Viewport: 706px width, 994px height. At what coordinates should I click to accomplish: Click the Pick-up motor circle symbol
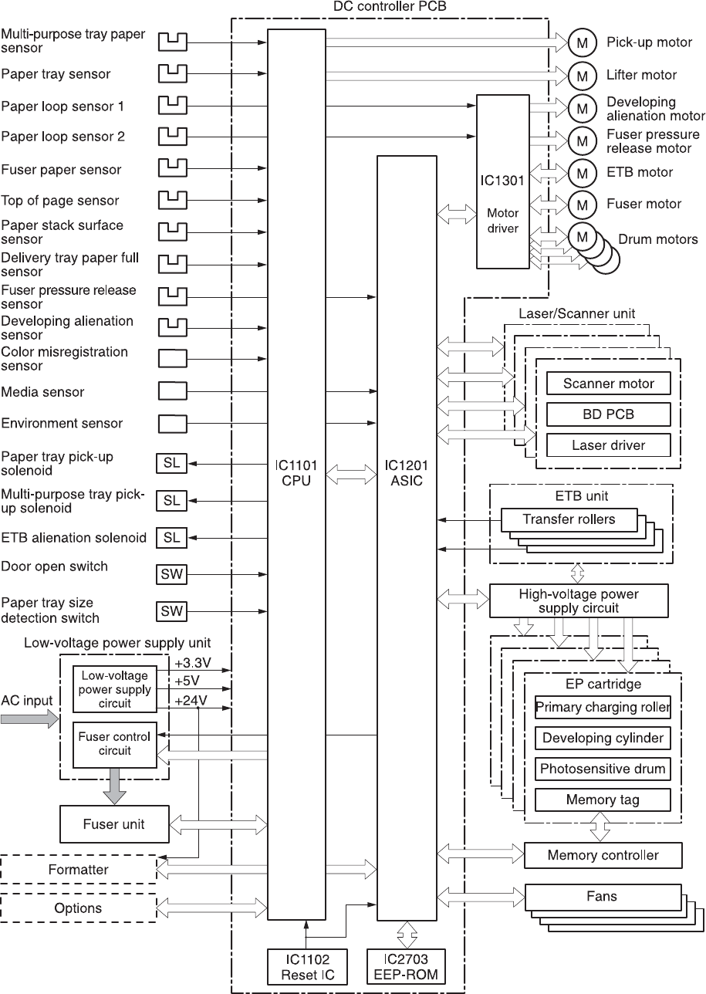(x=582, y=42)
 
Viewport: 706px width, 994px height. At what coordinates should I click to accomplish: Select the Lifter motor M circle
(x=582, y=75)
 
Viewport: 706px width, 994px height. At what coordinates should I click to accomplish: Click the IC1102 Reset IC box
(x=306, y=966)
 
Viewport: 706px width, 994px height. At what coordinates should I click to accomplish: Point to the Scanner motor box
(x=608, y=384)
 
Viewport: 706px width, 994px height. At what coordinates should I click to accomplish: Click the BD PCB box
(x=608, y=414)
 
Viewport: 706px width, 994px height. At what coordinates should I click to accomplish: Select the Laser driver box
(x=608, y=445)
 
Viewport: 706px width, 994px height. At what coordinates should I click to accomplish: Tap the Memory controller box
(x=603, y=855)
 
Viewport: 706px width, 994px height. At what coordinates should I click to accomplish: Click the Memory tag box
(x=602, y=800)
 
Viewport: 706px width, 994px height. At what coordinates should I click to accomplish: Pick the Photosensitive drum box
(x=602, y=769)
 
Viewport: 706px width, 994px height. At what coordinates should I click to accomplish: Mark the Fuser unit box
(x=113, y=824)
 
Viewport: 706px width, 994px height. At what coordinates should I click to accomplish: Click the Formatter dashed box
(x=78, y=870)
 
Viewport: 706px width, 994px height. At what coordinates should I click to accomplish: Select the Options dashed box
(x=78, y=908)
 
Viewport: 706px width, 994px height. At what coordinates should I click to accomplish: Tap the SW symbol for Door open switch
(x=172, y=574)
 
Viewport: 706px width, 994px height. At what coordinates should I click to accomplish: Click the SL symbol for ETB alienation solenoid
(x=172, y=537)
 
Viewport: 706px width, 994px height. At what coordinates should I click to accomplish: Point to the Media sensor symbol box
(x=172, y=390)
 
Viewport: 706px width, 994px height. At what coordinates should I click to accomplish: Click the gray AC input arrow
(x=29, y=719)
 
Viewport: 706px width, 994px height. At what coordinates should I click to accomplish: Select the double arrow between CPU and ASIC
(x=351, y=478)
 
